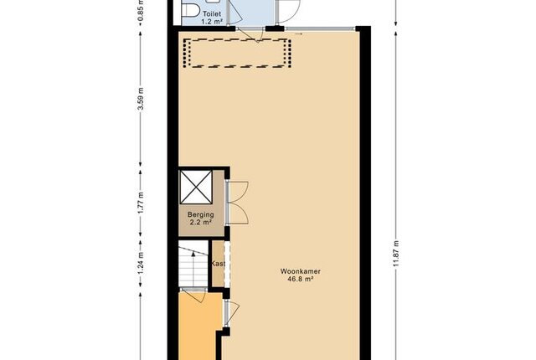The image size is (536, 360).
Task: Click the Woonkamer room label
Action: [x=301, y=271]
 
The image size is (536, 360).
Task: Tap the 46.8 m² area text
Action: [x=301, y=279]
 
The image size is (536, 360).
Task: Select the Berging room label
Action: [x=201, y=215]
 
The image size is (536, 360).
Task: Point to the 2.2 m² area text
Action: [x=201, y=223]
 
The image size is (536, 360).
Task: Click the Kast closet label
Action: [x=218, y=264]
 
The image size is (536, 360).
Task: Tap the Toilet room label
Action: [x=212, y=14]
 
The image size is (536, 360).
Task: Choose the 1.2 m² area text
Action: [x=212, y=22]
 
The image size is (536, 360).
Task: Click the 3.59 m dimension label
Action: [x=141, y=99]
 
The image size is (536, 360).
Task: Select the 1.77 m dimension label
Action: [x=141, y=203]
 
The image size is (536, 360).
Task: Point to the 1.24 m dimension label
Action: [x=141, y=262]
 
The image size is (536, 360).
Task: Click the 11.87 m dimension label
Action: [x=396, y=254]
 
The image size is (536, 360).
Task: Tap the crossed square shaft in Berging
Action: [x=196, y=188]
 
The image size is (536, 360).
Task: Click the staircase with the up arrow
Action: [x=193, y=265]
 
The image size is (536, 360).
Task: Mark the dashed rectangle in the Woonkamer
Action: [x=238, y=53]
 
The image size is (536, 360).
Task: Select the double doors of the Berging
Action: [x=237, y=203]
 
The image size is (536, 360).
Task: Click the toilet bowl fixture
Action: [x=191, y=9]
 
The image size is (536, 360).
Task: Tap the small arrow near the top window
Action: [x=299, y=33]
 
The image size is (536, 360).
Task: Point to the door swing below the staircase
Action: [x=193, y=296]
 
